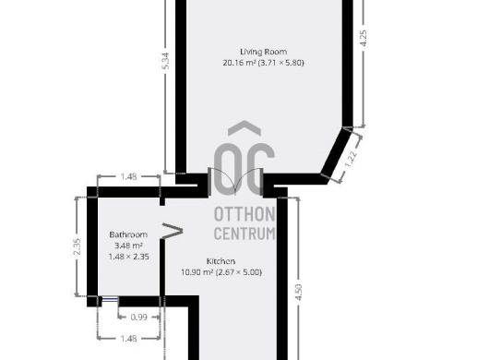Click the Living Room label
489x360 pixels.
point(264,52)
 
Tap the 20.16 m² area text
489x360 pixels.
point(239,63)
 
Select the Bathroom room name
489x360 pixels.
point(128,234)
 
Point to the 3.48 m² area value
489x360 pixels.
point(128,246)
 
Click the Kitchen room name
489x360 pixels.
point(221,261)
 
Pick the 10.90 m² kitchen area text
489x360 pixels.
point(197,272)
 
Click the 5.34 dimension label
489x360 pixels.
point(166,61)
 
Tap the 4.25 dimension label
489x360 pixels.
point(364,39)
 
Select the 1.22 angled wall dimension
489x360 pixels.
point(352,159)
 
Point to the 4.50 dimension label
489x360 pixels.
point(298,293)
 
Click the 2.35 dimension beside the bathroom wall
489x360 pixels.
point(77,246)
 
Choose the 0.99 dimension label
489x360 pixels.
point(138,318)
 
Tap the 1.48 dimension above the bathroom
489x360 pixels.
point(128,176)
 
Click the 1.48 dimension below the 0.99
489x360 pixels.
point(128,339)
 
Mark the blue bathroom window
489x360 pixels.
point(110,300)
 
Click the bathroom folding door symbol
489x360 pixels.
point(172,231)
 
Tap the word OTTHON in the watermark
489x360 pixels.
point(244,214)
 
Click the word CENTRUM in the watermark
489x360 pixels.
point(244,234)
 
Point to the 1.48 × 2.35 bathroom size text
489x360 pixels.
point(129,257)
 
